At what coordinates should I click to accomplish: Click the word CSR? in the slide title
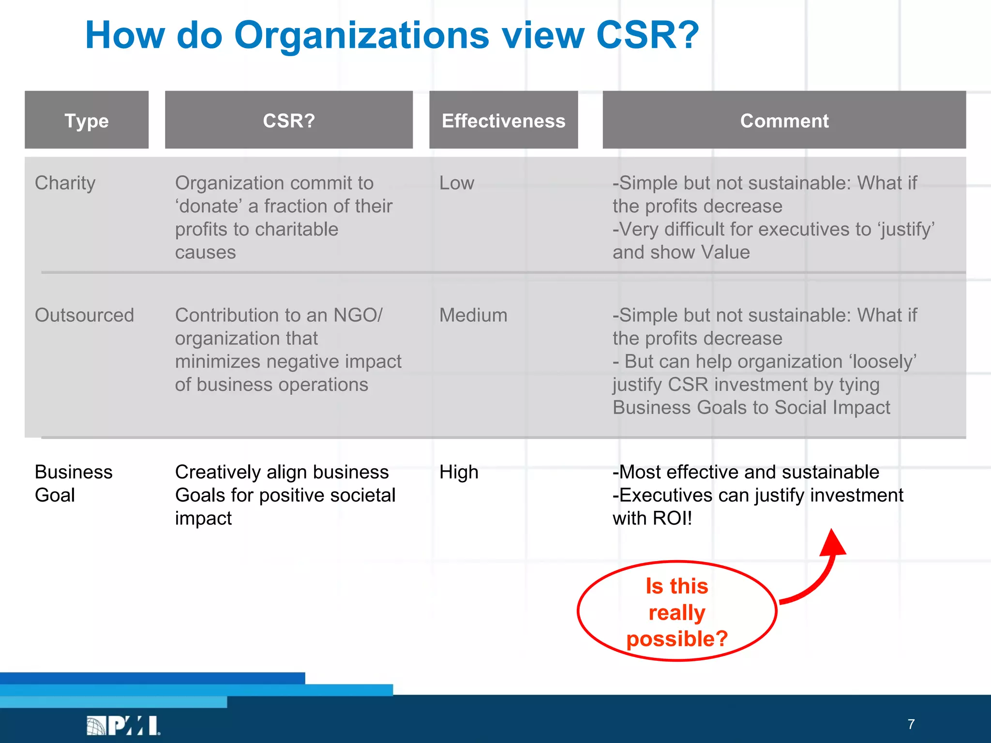[647, 36]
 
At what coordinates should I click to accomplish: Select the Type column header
[87, 120]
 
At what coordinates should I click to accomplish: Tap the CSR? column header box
[289, 120]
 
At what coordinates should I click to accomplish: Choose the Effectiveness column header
[503, 120]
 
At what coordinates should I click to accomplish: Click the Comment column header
[784, 120]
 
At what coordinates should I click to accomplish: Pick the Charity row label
[65, 183]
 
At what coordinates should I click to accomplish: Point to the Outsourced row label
[84, 315]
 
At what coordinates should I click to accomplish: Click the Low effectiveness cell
[456, 183]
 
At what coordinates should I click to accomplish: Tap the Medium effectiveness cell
[473, 315]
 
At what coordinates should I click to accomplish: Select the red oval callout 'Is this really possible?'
[676, 611]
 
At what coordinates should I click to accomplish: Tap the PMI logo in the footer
[124, 725]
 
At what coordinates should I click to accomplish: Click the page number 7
[911, 724]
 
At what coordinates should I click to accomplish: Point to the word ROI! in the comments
[672, 519]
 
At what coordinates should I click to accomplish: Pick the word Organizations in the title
[361, 36]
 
